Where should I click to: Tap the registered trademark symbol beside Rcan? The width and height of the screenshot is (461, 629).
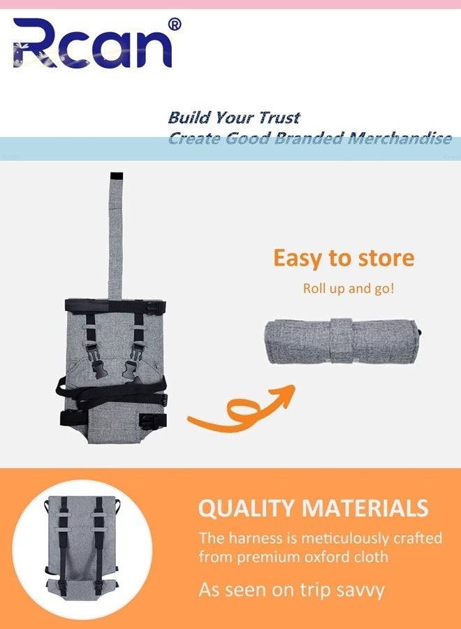coord(175,24)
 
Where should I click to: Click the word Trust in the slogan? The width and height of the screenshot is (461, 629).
coord(279,117)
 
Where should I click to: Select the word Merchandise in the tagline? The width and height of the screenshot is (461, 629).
coord(400,138)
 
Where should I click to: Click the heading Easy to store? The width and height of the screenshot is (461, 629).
coord(344,258)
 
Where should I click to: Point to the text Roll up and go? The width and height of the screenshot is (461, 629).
coord(349,289)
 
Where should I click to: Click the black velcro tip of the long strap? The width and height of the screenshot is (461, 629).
coord(116,177)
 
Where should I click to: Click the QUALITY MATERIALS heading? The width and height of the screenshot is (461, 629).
coord(314,508)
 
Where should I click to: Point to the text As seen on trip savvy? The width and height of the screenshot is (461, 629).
coord(292,591)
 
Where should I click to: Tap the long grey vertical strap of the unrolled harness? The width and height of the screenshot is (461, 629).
coord(115,237)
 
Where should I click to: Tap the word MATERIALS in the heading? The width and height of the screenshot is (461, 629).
coord(365,508)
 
